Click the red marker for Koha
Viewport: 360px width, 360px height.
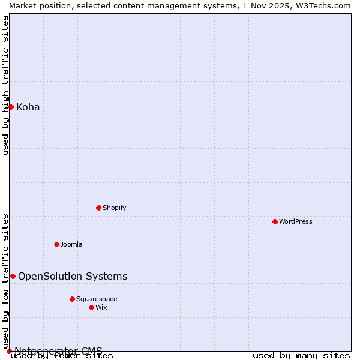[11, 107]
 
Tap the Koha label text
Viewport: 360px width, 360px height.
[28, 107]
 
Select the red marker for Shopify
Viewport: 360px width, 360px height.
[98, 208]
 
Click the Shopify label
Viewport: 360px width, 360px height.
[114, 208]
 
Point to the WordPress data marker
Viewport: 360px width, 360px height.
[275, 221]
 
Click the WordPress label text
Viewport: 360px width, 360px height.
[296, 222]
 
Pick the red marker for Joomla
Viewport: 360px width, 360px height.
[56, 244]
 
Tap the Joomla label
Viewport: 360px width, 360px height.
[71, 245]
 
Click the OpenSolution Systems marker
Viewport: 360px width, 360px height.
[13, 276]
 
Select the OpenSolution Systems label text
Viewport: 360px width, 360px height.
[73, 277]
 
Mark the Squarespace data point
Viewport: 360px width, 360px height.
[72, 299]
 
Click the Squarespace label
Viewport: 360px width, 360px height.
[97, 299]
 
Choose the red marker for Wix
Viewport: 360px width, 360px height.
[91, 307]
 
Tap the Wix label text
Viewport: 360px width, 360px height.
[101, 308]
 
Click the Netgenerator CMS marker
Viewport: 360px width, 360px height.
[9, 351]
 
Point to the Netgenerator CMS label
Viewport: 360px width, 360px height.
[58, 351]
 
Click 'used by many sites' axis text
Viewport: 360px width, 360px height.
[301, 356]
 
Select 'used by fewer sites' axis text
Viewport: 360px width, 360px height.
[62, 356]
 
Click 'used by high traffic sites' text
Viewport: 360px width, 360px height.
[6, 85]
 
